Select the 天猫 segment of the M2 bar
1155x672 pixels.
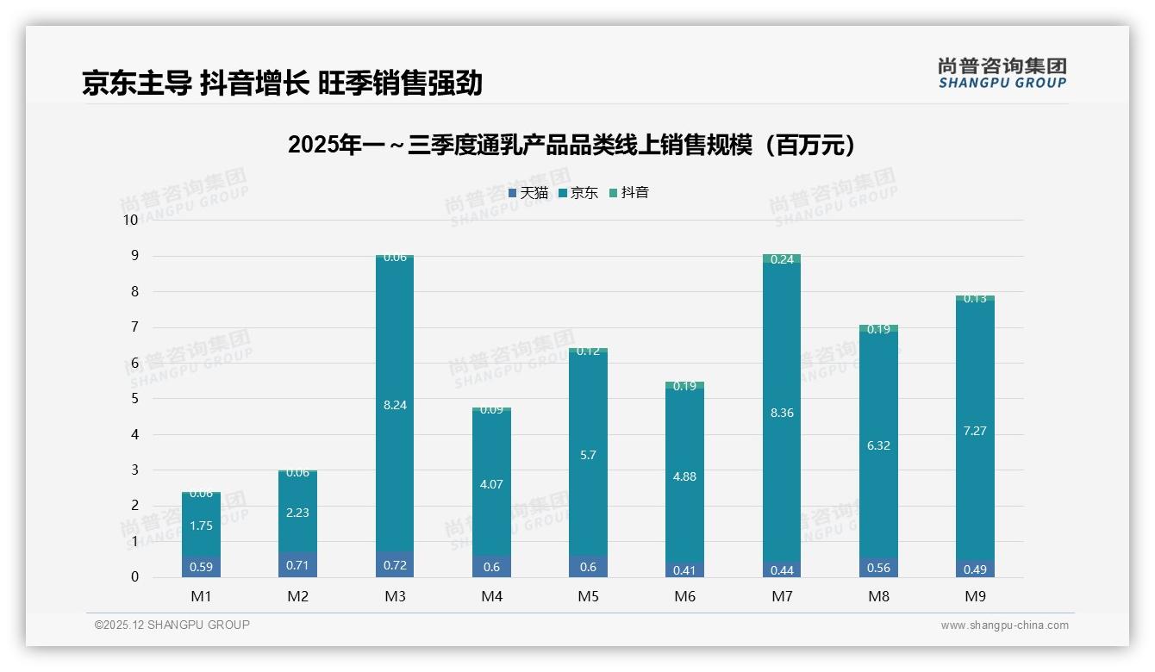[x=297, y=565]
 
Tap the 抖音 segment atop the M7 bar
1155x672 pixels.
[x=782, y=258]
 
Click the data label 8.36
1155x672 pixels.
[x=782, y=413]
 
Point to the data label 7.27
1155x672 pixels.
[x=975, y=431]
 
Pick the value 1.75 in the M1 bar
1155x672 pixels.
[x=201, y=526]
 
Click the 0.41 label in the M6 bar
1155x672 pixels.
[x=684, y=569]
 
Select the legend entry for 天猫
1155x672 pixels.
[x=528, y=193]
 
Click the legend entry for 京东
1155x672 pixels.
[x=578, y=193]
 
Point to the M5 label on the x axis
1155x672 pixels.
[x=588, y=596]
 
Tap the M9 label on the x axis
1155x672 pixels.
[x=975, y=596]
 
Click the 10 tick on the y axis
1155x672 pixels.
[x=130, y=220]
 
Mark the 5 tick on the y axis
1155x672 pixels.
[x=134, y=399]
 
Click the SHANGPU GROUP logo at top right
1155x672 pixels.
[x=1002, y=73]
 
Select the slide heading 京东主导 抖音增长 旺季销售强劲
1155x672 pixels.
[x=282, y=83]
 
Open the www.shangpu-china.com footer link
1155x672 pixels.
[x=1004, y=625]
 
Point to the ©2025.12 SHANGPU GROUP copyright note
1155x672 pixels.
[x=172, y=625]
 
